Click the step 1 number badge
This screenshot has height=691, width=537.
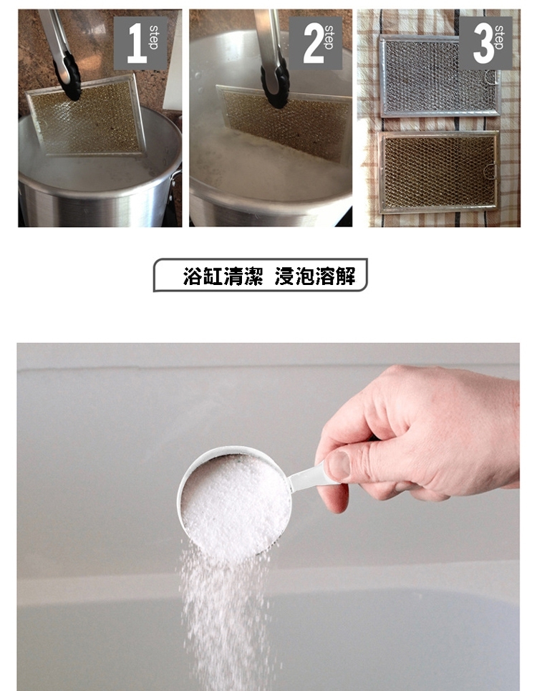coord(140,43)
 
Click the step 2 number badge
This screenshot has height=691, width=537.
coord(316,43)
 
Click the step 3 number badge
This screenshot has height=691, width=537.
coord(485,43)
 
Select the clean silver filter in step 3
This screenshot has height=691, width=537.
coord(440,76)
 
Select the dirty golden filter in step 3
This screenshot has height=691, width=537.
coord(439,172)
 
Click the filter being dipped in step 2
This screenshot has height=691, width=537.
coord(284,122)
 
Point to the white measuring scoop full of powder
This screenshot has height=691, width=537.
coord(234,503)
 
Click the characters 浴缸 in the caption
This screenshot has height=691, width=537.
coord(203,276)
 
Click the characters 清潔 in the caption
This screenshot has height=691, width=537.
coord(243,276)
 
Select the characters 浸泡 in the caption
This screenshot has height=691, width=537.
coord(295,276)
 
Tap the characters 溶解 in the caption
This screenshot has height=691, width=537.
coord(335,276)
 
